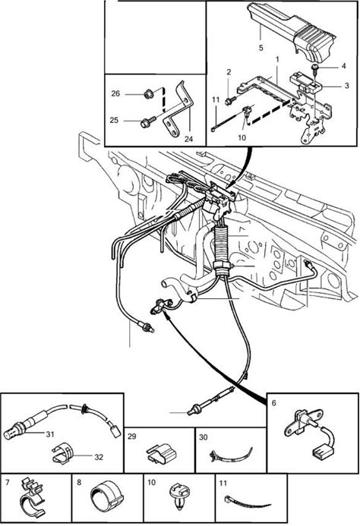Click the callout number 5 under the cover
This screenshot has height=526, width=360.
(261, 48)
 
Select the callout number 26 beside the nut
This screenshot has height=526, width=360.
(115, 93)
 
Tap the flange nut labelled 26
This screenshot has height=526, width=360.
(148, 94)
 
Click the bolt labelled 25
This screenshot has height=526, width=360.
(148, 122)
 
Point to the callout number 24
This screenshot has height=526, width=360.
(188, 139)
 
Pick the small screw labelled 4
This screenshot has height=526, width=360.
(315, 69)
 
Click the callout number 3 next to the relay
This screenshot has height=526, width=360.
(347, 86)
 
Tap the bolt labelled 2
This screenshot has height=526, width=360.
(229, 100)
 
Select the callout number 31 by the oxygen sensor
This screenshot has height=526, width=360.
(50, 434)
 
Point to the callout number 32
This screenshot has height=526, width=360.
(99, 457)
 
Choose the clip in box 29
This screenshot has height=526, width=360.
(162, 454)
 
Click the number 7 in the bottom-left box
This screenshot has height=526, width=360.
(8, 483)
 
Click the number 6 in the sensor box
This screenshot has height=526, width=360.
(273, 403)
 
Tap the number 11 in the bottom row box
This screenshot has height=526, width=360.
(223, 483)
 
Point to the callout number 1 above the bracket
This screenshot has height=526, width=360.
(277, 59)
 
